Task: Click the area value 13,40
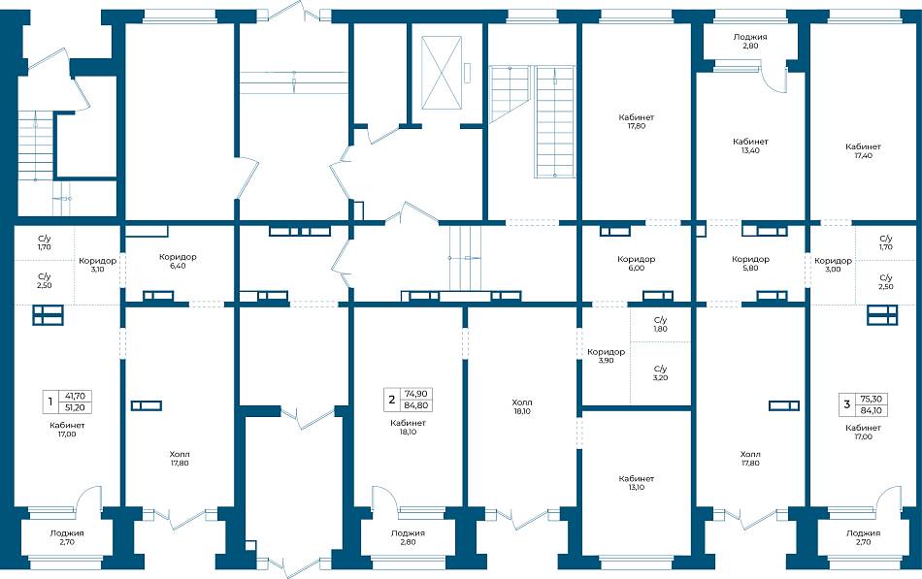750,150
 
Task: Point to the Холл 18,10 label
522,406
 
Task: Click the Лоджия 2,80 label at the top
750,41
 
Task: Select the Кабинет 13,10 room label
637,483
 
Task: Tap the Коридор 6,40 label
178,261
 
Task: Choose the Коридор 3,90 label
607,356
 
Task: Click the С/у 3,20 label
660,373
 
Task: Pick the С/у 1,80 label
660,325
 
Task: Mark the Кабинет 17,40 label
863,151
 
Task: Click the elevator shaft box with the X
442,73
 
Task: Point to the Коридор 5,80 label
750,264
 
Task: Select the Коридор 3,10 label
98,265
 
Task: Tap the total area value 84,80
416,405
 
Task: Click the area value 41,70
76,397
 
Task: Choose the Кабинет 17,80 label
637,121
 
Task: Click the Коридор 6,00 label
637,264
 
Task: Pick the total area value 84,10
871,410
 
